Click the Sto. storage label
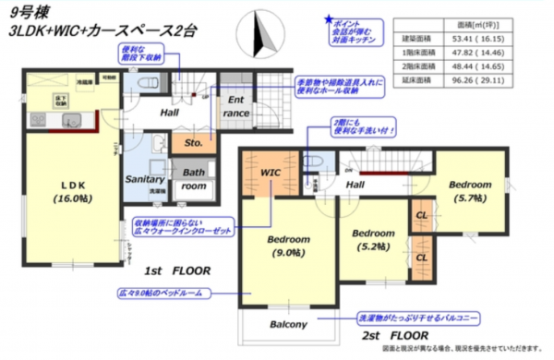pyautogui.click(x=194, y=144)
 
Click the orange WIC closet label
pyautogui.click(x=270, y=173)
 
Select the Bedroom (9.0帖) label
pyautogui.click(x=288, y=246)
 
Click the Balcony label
pyautogui.click(x=288, y=324)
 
